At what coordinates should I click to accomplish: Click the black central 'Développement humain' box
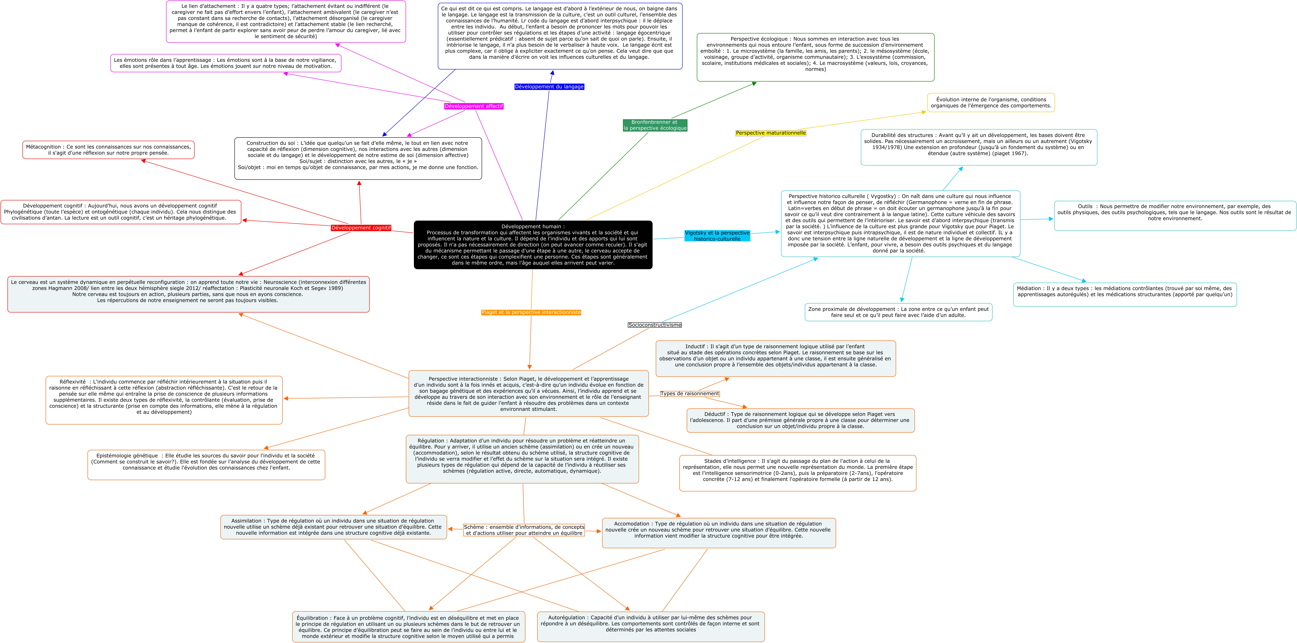(533, 245)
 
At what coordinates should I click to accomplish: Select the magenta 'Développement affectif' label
(473, 106)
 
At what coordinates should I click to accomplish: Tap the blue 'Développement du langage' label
(549, 87)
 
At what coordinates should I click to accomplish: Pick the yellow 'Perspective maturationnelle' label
(770, 133)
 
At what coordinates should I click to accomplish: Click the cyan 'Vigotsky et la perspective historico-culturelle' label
(717, 236)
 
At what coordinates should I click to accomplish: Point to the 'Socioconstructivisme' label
(655, 325)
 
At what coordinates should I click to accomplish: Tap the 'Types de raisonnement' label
(689, 394)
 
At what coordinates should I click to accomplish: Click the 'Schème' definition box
(524, 530)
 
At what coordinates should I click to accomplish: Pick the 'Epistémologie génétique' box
(206, 465)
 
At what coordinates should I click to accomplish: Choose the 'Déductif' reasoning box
(800, 420)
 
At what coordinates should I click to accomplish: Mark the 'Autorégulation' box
(651, 626)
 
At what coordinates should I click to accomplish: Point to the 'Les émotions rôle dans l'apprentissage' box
(226, 63)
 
